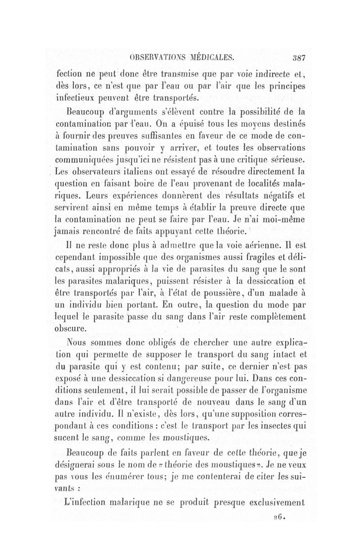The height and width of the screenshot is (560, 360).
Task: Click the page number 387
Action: (298, 57)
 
